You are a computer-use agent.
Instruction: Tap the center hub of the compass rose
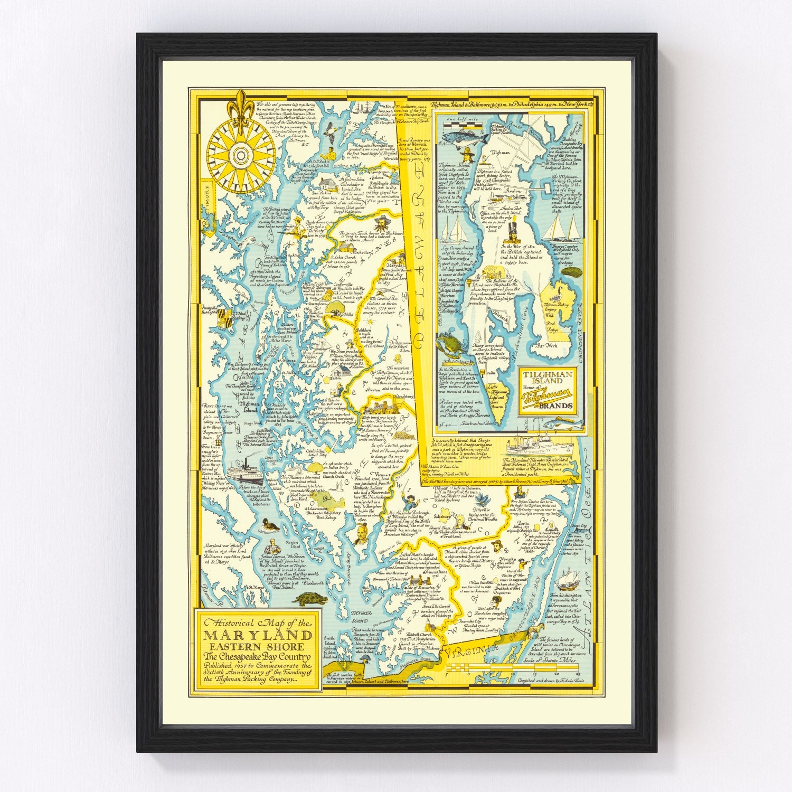click(x=241, y=154)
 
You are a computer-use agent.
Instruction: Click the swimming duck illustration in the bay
click(x=271, y=525)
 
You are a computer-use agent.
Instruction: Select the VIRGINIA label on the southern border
click(x=471, y=653)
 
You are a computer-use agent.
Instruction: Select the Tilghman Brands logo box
click(x=547, y=391)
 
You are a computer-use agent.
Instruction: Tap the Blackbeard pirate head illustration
click(x=382, y=219)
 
